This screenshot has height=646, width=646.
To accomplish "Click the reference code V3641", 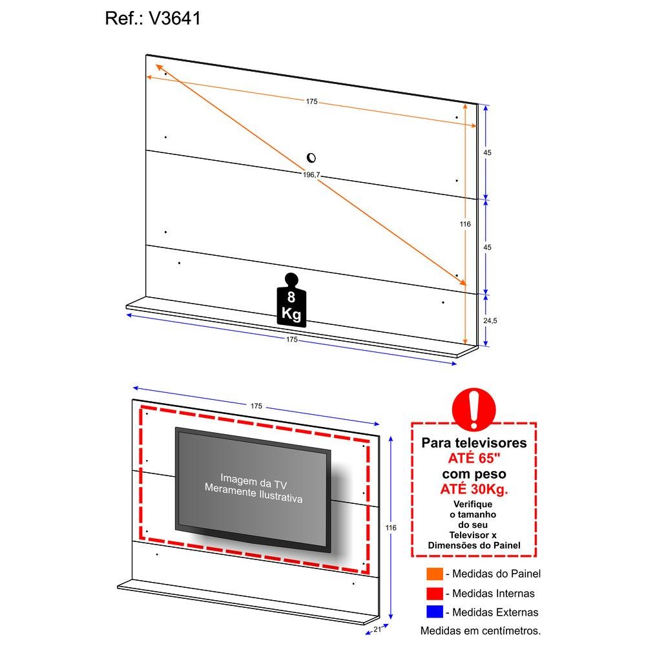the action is [x=174, y=19].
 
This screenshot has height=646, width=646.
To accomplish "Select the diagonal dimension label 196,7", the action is [x=311, y=174].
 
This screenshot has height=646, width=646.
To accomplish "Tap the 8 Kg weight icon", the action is [x=291, y=300].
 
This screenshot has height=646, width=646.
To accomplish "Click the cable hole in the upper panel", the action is [x=311, y=158].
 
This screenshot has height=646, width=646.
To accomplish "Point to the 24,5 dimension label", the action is [x=490, y=320].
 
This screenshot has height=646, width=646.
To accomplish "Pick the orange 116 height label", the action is [x=465, y=224].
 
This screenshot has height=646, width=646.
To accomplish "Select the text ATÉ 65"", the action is [x=474, y=458].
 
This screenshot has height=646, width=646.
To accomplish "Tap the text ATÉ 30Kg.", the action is [x=474, y=489].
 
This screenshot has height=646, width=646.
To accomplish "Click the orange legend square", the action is [x=435, y=574].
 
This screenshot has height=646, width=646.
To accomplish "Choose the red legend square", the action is [x=435, y=593].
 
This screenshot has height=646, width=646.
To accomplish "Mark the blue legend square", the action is [x=435, y=612].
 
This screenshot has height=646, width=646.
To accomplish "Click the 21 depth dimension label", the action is [x=377, y=629].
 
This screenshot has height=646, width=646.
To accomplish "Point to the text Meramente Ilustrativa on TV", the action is [x=253, y=493].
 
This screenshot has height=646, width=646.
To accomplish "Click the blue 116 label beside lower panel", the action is [x=391, y=528].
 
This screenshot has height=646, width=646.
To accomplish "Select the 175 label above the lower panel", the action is [x=256, y=406].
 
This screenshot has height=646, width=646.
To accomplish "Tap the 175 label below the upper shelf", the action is [x=292, y=340].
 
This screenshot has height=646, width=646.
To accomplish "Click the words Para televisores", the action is [x=474, y=443].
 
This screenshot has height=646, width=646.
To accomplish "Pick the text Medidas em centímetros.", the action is [x=481, y=630].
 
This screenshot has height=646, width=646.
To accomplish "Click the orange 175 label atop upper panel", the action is [x=312, y=101].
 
